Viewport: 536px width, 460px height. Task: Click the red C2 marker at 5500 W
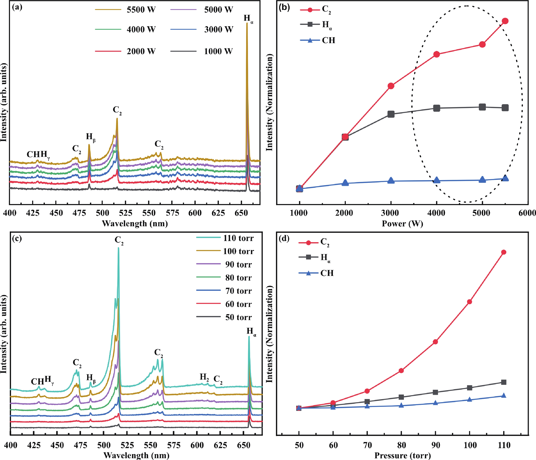505,21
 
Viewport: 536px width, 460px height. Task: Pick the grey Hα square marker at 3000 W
391,114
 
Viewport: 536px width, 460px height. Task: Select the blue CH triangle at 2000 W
345,183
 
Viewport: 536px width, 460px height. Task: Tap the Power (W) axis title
402,223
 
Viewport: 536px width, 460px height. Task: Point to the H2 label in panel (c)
204,377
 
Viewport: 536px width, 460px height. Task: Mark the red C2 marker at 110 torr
503,252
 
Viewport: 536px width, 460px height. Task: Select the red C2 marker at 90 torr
435,342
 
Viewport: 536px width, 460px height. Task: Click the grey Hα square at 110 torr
503,382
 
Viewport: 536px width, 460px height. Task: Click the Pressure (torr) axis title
403,455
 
